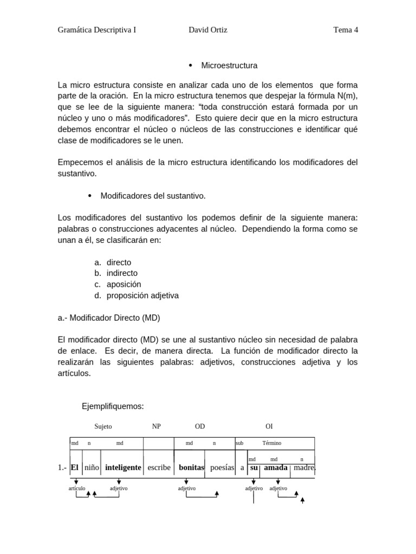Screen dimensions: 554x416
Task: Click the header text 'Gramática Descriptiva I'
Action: (96, 30)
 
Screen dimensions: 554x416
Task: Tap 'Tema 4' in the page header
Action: (346, 30)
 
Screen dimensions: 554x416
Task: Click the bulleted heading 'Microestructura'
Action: (229, 65)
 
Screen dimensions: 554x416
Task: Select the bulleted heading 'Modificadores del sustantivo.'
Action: (153, 195)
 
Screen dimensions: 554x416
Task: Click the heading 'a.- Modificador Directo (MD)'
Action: (109, 318)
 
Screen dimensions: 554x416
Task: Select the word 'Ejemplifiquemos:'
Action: (113, 406)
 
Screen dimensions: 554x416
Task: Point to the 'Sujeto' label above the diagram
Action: (103, 426)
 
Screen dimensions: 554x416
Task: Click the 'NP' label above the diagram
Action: (157, 426)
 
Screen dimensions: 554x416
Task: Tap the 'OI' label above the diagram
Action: (269, 426)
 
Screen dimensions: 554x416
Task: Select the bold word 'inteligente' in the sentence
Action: (123, 467)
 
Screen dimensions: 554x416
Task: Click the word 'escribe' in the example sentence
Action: (159, 467)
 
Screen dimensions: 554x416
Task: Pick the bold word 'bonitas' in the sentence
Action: (191, 467)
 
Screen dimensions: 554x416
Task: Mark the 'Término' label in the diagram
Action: (272, 443)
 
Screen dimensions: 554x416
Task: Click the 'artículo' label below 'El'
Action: (77, 488)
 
